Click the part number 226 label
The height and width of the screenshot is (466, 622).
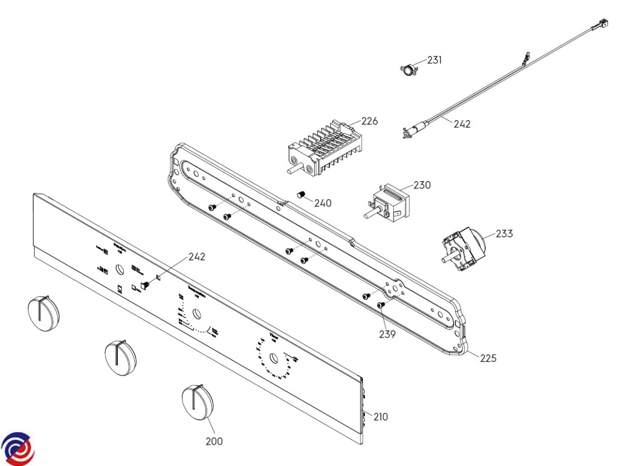(370, 121)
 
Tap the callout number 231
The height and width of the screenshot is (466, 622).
(434, 60)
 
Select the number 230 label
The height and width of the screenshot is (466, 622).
(422, 185)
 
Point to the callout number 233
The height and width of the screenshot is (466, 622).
(504, 234)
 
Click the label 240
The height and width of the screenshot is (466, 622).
(323, 203)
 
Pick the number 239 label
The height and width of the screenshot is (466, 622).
(387, 334)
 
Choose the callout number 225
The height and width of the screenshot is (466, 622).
(488, 358)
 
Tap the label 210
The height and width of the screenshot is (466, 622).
(380, 417)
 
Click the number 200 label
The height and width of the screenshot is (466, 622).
(214, 441)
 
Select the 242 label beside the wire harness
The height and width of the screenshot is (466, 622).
(462, 124)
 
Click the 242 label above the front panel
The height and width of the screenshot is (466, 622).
(196, 257)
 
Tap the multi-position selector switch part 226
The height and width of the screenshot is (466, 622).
(321, 149)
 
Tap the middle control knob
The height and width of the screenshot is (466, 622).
(120, 357)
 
